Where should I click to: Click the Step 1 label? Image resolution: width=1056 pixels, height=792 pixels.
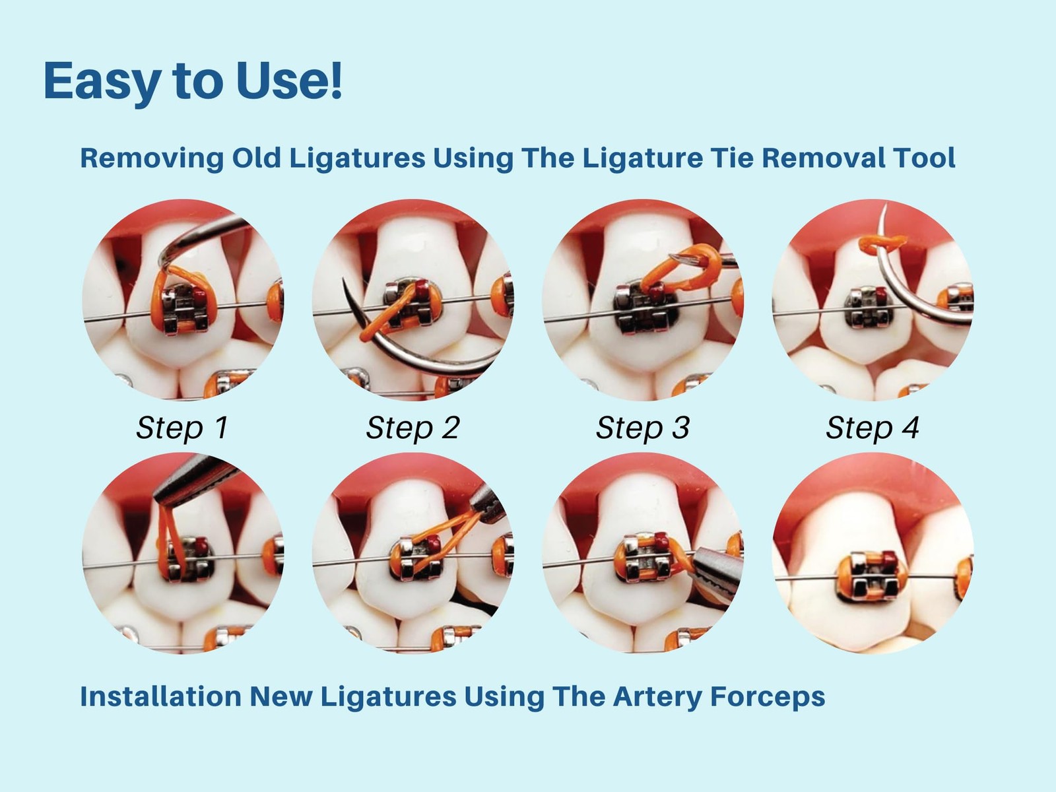coord(182,428)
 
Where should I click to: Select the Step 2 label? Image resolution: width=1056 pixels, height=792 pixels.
coord(412,428)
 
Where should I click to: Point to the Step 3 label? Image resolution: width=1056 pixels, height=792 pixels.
coord(643,428)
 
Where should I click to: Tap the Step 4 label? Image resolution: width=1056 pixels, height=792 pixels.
coord(873,428)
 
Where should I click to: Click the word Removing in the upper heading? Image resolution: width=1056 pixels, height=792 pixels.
coord(152,158)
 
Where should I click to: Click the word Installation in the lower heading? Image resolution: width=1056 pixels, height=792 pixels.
coord(160,696)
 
